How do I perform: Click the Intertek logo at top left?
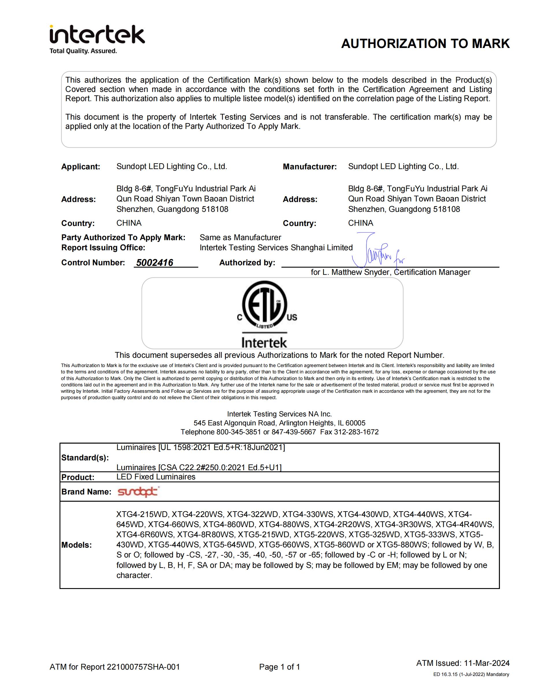(x=97, y=35)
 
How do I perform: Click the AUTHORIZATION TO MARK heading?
(x=425, y=44)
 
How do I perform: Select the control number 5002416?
(x=155, y=263)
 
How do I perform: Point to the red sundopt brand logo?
(x=138, y=492)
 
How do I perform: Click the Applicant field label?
(x=81, y=167)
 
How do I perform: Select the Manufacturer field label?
(x=310, y=167)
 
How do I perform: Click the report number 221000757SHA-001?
(x=143, y=667)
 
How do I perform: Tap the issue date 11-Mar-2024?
(x=487, y=663)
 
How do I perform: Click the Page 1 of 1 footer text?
(x=279, y=667)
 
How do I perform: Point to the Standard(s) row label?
(x=85, y=457)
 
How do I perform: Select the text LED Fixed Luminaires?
(x=156, y=477)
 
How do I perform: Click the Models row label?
(x=77, y=545)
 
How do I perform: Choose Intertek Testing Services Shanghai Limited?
(x=276, y=247)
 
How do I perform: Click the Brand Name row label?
(x=86, y=492)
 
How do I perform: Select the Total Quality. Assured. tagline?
(x=83, y=51)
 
